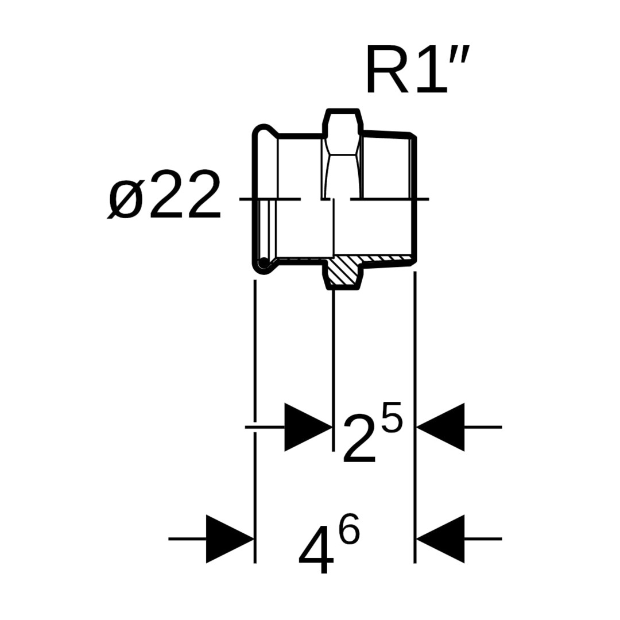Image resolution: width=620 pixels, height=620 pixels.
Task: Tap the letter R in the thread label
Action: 386,72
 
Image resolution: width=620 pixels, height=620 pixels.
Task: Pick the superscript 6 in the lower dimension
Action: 348,530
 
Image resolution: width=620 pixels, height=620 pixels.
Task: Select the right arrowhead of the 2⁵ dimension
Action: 440,427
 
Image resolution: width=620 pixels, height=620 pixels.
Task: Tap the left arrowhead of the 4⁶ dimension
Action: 230,539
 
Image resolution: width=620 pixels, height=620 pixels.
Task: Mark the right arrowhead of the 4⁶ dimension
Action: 440,539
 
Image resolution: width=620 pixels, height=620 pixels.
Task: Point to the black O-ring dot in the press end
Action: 263,263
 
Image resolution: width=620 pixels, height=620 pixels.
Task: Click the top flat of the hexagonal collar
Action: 343,110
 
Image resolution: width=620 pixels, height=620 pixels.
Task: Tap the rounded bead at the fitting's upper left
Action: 262,130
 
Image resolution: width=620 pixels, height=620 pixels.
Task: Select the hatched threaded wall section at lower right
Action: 387,260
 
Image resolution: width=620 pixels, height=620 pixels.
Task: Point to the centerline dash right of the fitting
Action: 420,199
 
